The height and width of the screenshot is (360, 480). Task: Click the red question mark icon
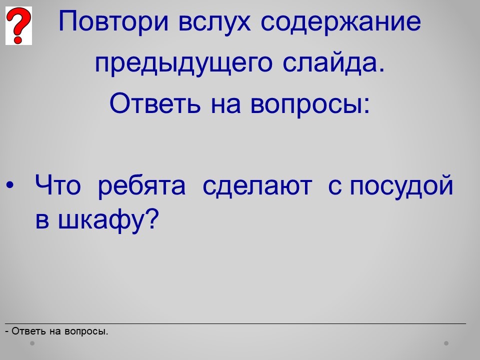[x=18, y=25]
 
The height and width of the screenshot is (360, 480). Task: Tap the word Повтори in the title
[x=113, y=22]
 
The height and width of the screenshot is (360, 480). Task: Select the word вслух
[x=214, y=22]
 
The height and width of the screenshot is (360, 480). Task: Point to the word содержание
[x=340, y=22]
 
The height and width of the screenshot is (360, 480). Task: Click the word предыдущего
[x=183, y=63]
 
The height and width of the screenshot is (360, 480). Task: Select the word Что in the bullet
[x=58, y=185]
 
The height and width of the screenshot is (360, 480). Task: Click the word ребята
[x=141, y=185]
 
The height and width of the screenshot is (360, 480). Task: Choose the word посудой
[x=401, y=184]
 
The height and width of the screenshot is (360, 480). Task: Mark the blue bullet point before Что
[x=10, y=185]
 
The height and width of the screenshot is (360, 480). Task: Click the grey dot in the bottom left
[x=32, y=343]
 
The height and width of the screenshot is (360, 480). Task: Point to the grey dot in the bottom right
[x=446, y=343]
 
